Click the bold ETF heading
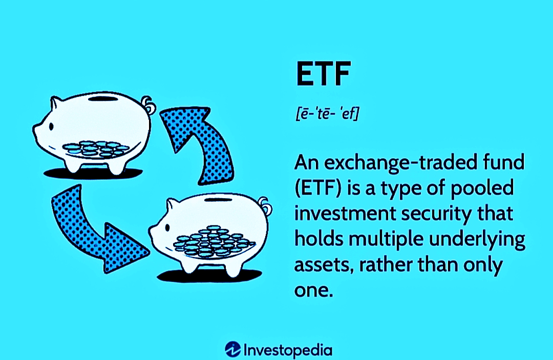pos(323,74)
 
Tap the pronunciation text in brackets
pos(327,114)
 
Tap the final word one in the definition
pos(313,290)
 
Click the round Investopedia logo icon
pos(233,349)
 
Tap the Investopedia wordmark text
pos(288,350)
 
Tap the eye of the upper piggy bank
pos(51,126)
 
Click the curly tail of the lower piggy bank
pos(265,206)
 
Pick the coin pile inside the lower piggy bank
pos(214,241)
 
